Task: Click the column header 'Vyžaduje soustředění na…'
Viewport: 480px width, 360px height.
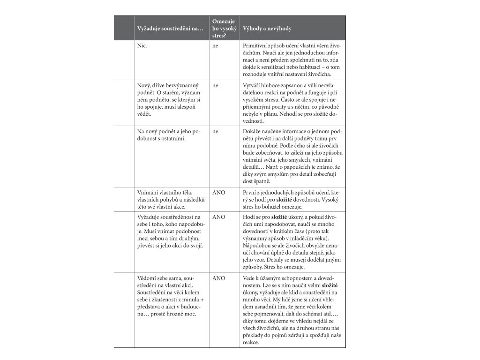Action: [x=170, y=29]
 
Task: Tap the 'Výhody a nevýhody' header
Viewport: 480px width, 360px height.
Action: [x=267, y=29]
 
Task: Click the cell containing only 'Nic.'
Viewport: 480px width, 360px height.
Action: [x=142, y=47]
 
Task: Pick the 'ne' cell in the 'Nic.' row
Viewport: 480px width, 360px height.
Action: [x=215, y=47]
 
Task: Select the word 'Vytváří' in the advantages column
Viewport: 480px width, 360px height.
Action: [x=253, y=86]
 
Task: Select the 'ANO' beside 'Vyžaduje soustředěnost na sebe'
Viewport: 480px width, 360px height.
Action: [x=218, y=217]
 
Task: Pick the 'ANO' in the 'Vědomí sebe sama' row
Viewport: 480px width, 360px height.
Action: [x=218, y=278]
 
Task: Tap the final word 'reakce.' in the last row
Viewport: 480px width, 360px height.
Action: [x=252, y=342]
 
